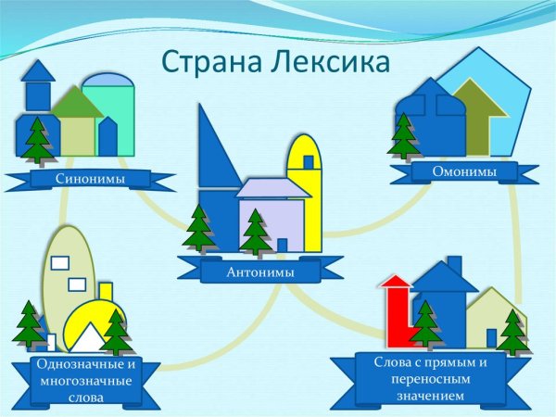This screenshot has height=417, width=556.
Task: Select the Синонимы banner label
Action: [x=90, y=178]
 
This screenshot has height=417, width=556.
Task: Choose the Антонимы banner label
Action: [x=260, y=272]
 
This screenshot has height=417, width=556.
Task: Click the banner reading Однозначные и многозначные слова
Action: [x=85, y=381]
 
